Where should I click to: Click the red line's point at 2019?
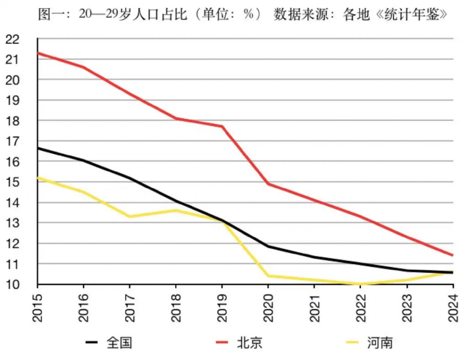click(x=222, y=126)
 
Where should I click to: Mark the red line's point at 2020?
click(x=268, y=184)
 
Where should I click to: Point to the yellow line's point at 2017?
click(x=130, y=217)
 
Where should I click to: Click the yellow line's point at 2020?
click(x=268, y=276)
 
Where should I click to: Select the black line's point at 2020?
click(x=268, y=247)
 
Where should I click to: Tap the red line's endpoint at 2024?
click(x=453, y=255)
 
